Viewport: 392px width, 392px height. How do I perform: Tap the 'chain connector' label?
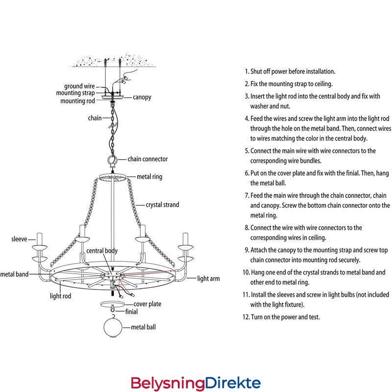point(147,159)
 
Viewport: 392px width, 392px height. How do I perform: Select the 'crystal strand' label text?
point(162,205)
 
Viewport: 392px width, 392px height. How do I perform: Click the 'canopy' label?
point(142,97)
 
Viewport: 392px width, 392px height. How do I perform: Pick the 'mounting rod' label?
point(77,101)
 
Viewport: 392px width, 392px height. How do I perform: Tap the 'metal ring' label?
point(149,176)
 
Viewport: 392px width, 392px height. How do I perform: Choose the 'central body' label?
point(102,251)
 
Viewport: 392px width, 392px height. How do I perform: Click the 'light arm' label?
point(208,279)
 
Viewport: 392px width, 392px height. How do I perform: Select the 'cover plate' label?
point(147,304)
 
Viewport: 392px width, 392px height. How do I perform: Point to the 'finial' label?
point(131,311)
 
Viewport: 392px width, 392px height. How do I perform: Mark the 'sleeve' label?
point(19,240)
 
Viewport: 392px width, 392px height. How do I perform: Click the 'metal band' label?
point(14,274)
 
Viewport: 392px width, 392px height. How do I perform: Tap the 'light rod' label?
point(61,296)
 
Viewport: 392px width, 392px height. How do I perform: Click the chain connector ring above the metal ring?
point(112,160)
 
